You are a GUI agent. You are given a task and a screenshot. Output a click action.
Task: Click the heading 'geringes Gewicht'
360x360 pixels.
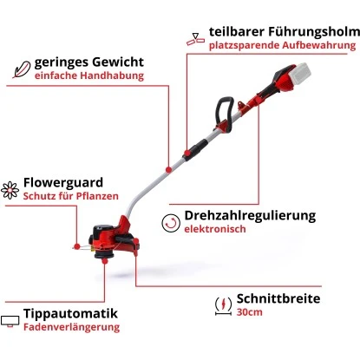click(88, 62)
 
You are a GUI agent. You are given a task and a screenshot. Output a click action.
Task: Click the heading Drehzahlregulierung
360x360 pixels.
click(251, 215)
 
